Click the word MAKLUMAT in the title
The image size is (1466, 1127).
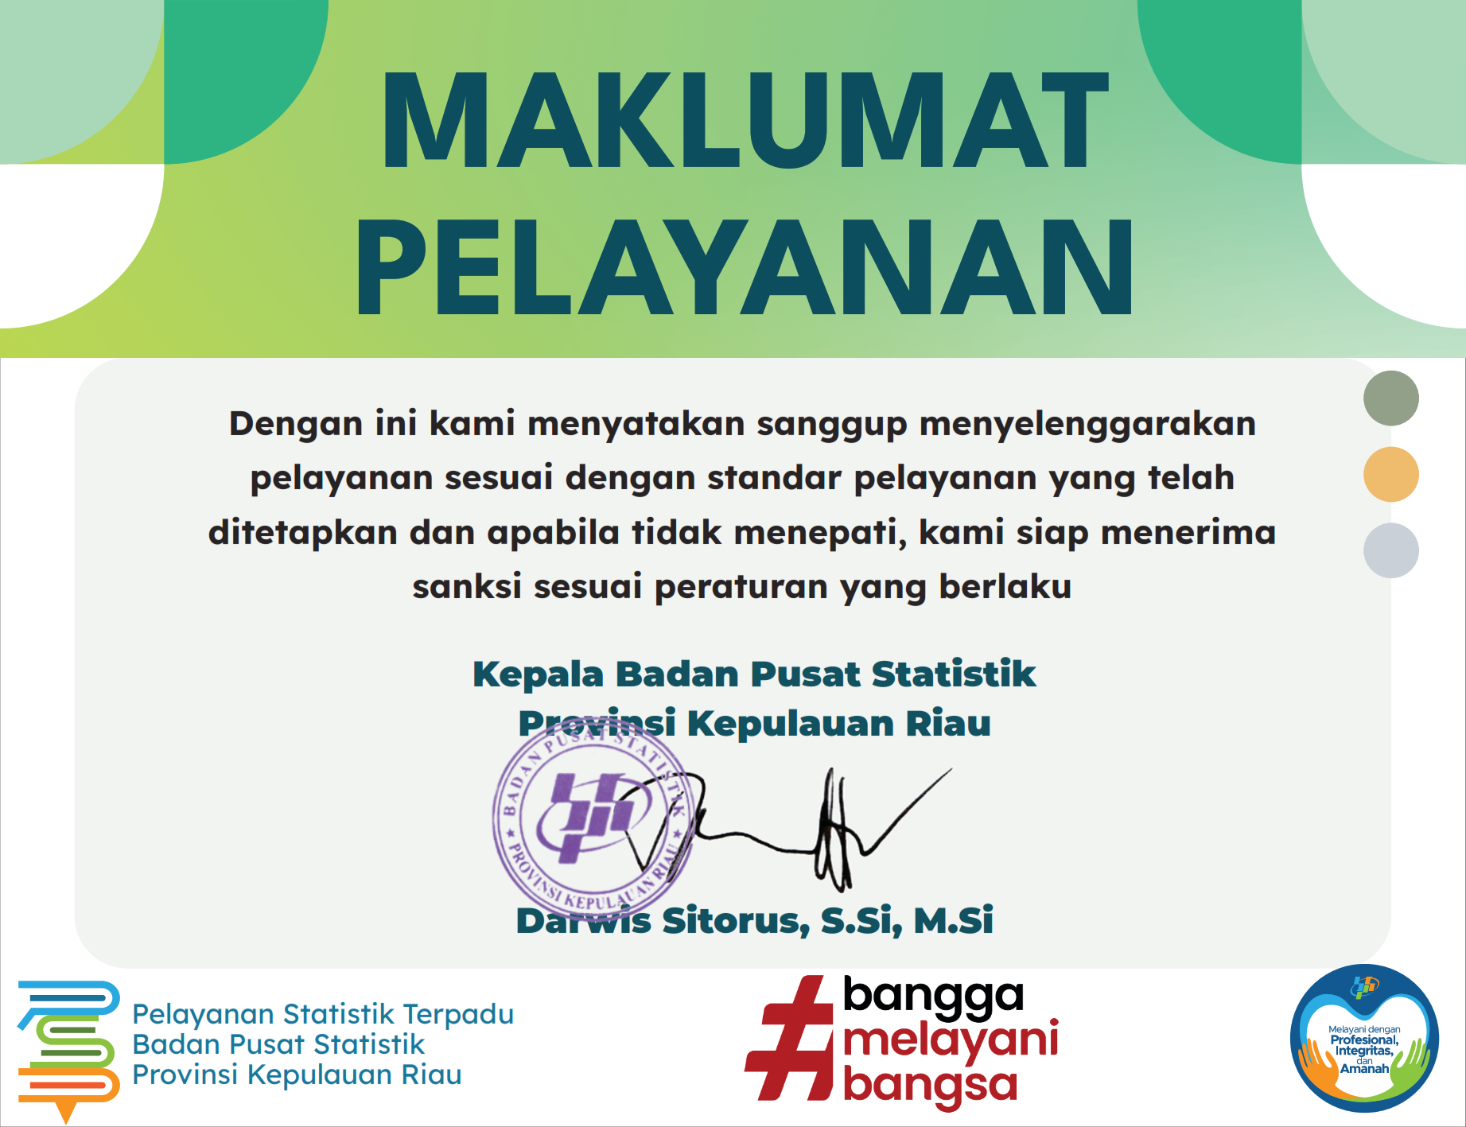745,120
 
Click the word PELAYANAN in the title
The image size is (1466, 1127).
745,267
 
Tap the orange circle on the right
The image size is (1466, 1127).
1390,474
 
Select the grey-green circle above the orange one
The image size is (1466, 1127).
1390,398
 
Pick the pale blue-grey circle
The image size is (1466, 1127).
1390,550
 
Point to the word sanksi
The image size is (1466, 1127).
467,586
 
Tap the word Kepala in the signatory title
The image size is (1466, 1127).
539,675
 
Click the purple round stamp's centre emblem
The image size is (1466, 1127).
593,816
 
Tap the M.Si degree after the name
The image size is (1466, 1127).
954,920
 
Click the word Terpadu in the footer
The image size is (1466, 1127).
458,1014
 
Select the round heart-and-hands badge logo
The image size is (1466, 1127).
1364,1038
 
